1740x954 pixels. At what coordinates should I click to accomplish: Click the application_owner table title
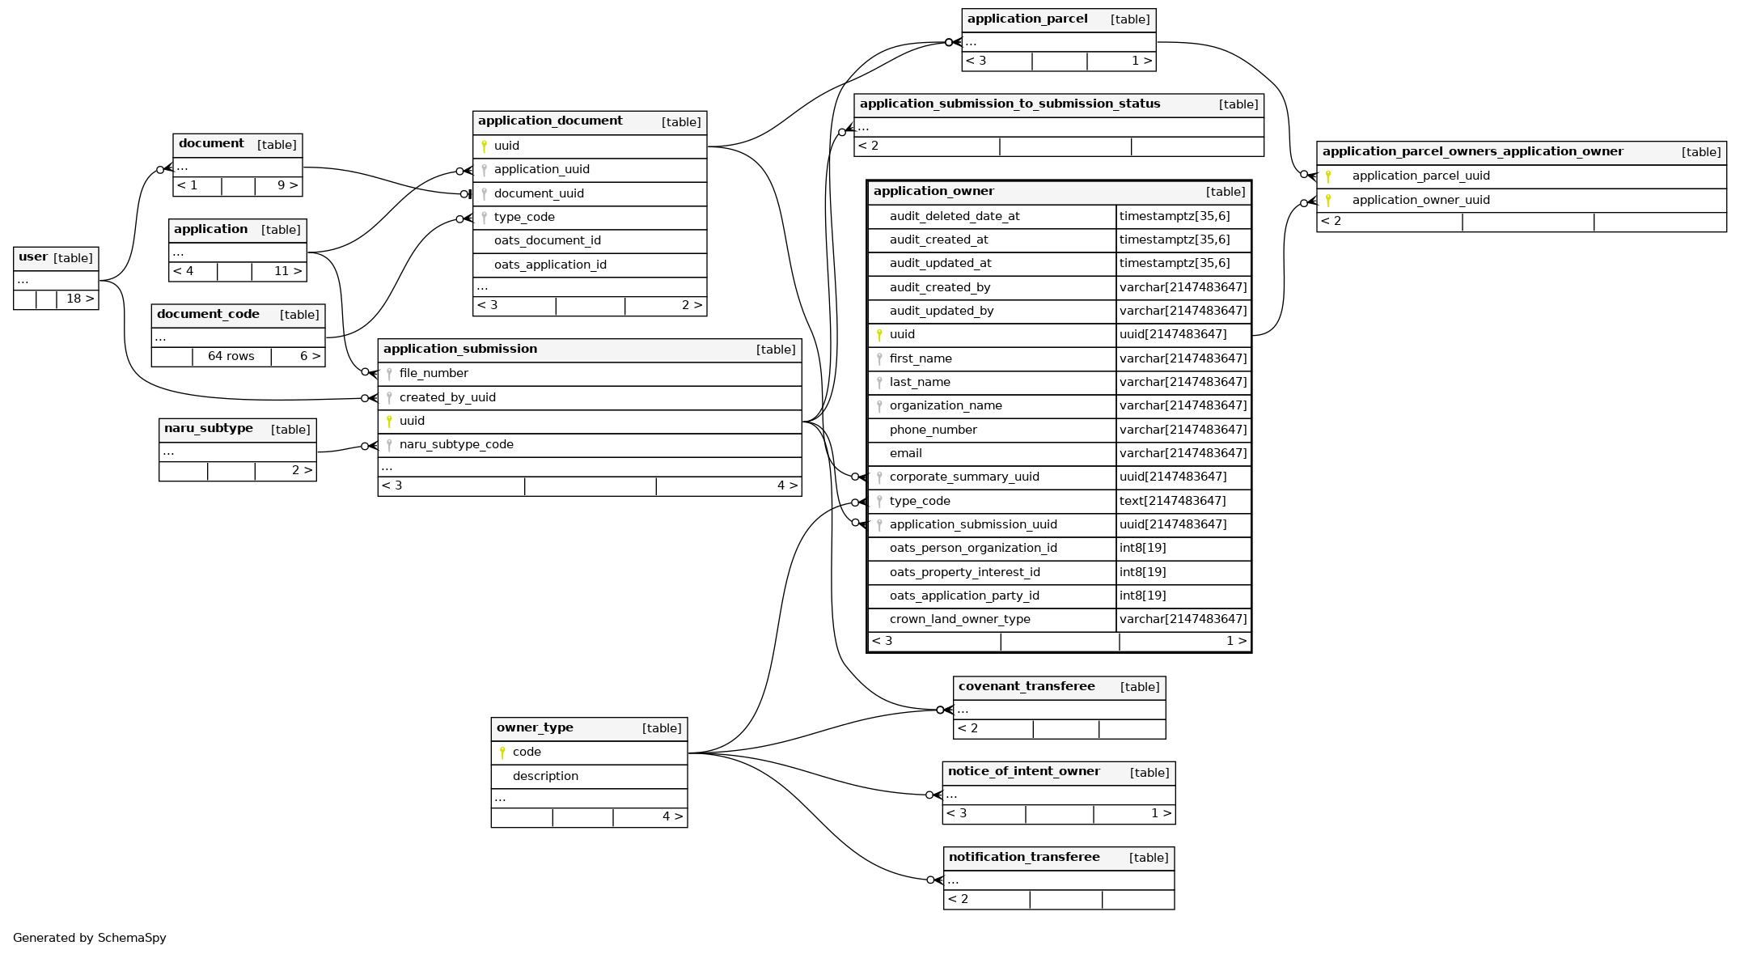[x=934, y=192]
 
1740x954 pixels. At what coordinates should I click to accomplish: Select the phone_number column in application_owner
[x=933, y=430]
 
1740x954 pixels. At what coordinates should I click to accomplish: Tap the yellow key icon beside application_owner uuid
[x=879, y=334]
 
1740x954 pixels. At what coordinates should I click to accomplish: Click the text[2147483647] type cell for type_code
[x=1172, y=501]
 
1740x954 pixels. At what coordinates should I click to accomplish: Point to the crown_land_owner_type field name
[x=959, y=619]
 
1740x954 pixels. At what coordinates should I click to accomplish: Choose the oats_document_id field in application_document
[x=547, y=240]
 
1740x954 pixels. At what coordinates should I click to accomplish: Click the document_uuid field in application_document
[x=539, y=193]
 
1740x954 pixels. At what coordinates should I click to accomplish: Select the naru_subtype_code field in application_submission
[x=456, y=444]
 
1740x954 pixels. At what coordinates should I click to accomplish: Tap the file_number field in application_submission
[x=434, y=373]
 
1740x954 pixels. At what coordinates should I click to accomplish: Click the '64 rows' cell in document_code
[x=231, y=356]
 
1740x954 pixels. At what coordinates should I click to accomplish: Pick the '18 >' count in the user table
[x=79, y=299]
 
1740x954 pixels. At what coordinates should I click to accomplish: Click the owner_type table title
[x=535, y=727]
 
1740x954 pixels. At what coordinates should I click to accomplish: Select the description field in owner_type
[x=545, y=776]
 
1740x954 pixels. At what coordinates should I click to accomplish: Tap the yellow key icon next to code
[x=502, y=753]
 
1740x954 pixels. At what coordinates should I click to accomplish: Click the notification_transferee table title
[x=1024, y=857]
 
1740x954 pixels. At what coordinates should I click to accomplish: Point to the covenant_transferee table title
[x=1027, y=686]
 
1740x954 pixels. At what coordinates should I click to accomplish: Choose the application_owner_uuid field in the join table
[x=1420, y=200]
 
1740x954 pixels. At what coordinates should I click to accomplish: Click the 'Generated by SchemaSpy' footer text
[x=90, y=938]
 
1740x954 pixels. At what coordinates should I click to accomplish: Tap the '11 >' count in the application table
[x=287, y=271]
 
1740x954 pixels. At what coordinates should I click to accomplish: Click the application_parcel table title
[x=1027, y=19]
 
